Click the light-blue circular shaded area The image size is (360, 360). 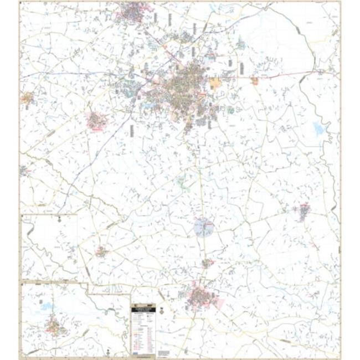click(x=204, y=227)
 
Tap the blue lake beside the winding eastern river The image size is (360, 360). click(x=318, y=130)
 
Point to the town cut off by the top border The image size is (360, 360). click(x=133, y=11)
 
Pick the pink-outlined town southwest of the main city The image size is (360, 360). click(x=97, y=120)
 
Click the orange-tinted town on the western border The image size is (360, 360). click(x=27, y=99)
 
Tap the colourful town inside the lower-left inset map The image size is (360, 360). click(x=54, y=327)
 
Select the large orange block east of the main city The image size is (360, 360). click(x=215, y=84)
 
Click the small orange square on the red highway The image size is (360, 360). click(x=254, y=81)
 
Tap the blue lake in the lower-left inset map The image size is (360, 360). click(x=48, y=306)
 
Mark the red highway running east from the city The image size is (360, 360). click(x=288, y=75)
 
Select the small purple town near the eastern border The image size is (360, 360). click(x=304, y=211)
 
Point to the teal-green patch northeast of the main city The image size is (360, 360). click(x=240, y=44)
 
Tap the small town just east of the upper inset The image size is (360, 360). click(x=101, y=252)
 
